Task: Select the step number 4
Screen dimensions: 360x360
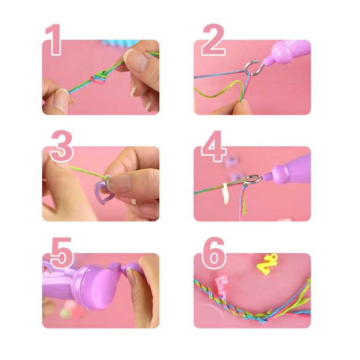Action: pyautogui.click(x=213, y=147)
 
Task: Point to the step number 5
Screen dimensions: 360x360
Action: pyautogui.click(x=61, y=253)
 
